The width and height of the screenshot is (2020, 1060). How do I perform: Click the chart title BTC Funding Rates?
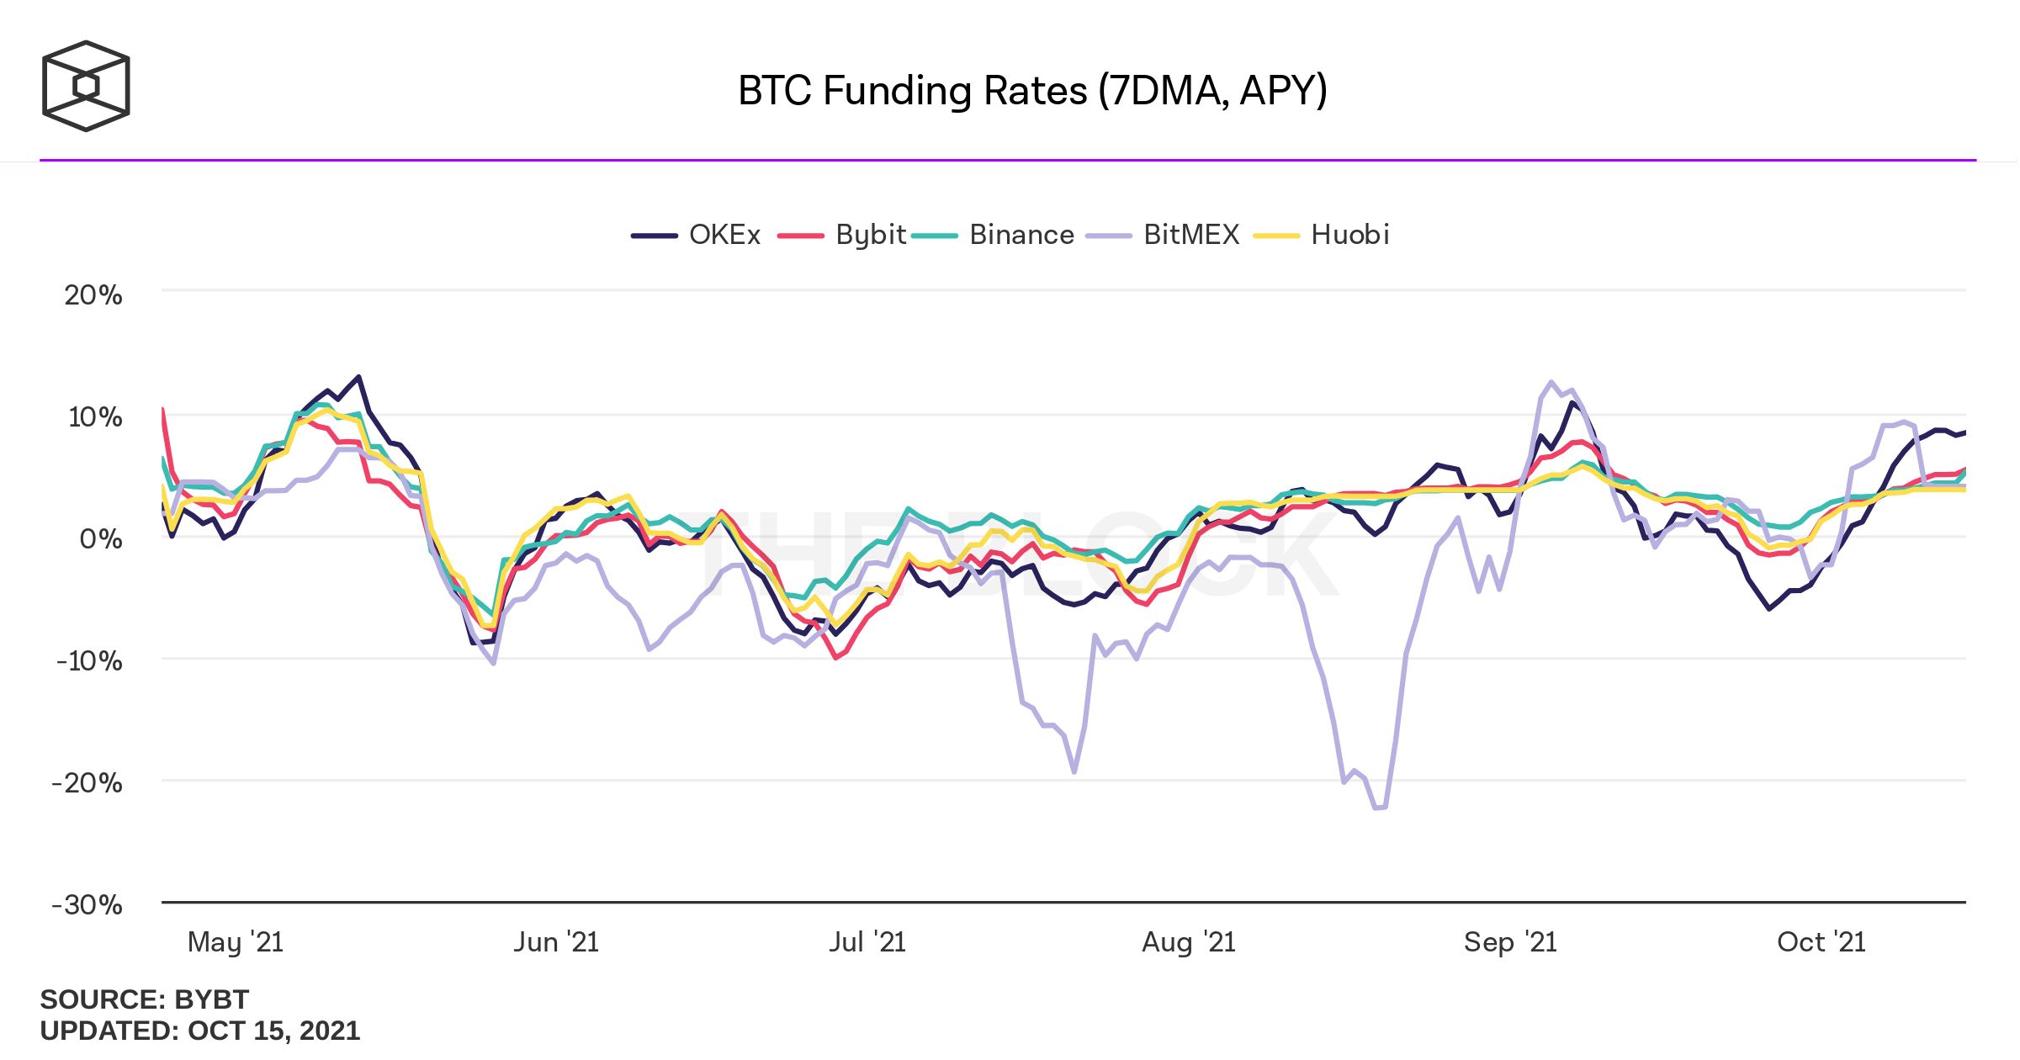[x=1032, y=91]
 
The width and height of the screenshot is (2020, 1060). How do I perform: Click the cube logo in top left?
[x=86, y=86]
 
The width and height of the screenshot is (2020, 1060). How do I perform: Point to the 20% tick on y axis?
[x=93, y=295]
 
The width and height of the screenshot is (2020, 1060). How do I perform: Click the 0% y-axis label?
[x=101, y=538]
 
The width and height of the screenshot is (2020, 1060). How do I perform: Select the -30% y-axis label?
[x=87, y=905]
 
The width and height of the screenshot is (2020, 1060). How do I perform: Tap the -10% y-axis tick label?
[x=90, y=661]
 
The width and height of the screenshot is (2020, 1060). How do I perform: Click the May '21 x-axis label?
[x=236, y=942]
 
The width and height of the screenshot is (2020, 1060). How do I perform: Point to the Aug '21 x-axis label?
[x=1188, y=942]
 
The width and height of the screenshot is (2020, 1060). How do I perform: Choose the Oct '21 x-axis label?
[x=1821, y=942]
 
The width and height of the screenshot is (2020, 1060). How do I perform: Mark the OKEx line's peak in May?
[x=359, y=377]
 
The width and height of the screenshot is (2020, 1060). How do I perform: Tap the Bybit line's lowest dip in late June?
[x=835, y=657]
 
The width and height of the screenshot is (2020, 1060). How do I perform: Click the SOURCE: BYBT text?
[x=144, y=999]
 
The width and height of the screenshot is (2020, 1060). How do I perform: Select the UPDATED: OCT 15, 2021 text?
[x=199, y=1031]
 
